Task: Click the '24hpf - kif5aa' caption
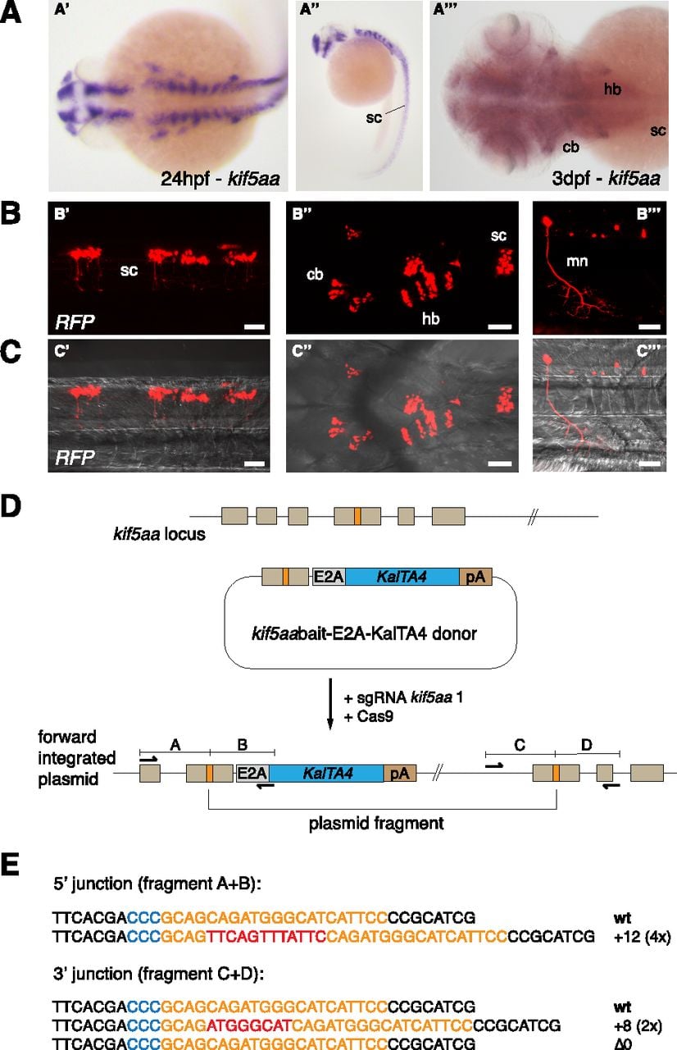click(x=220, y=179)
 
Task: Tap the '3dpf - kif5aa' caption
click(x=607, y=179)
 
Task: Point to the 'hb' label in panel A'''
click(x=612, y=89)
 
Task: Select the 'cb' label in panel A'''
click(x=570, y=147)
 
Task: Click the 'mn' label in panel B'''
click(x=577, y=261)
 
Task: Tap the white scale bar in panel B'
click(x=255, y=326)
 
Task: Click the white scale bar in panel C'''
click(x=650, y=463)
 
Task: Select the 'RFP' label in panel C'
click(x=75, y=457)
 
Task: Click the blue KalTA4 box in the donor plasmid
click(x=402, y=577)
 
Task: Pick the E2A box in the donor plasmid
click(x=329, y=577)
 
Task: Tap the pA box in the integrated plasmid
click(x=400, y=773)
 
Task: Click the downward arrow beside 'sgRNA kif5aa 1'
click(x=330, y=704)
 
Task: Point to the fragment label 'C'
click(x=520, y=746)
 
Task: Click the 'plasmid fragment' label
click(x=376, y=823)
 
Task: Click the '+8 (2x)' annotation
click(x=638, y=1026)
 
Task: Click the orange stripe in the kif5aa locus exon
click(x=357, y=516)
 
